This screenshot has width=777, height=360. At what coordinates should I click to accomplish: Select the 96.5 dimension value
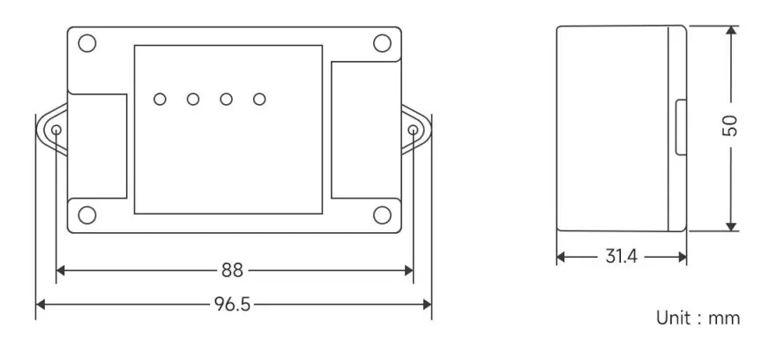click(x=233, y=304)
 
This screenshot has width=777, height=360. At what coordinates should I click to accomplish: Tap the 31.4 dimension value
click(x=622, y=257)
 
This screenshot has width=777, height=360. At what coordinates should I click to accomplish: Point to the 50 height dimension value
click(x=729, y=126)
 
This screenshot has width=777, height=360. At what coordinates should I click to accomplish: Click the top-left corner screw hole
click(x=86, y=42)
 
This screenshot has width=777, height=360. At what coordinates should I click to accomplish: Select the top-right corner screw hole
click(x=381, y=42)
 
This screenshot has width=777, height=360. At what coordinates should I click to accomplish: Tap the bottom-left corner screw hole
click(x=86, y=215)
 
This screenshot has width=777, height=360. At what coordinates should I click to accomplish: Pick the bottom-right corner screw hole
click(x=381, y=215)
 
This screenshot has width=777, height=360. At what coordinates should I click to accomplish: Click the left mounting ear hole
click(x=56, y=131)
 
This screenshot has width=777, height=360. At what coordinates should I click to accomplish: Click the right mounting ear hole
click(x=415, y=131)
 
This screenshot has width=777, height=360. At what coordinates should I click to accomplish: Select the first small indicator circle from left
click(x=160, y=99)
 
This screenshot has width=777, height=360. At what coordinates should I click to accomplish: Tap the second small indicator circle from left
click(x=192, y=99)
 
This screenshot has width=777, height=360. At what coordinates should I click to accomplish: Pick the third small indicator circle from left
click(x=226, y=99)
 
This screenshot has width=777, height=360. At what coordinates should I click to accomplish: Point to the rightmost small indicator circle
click(x=258, y=99)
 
